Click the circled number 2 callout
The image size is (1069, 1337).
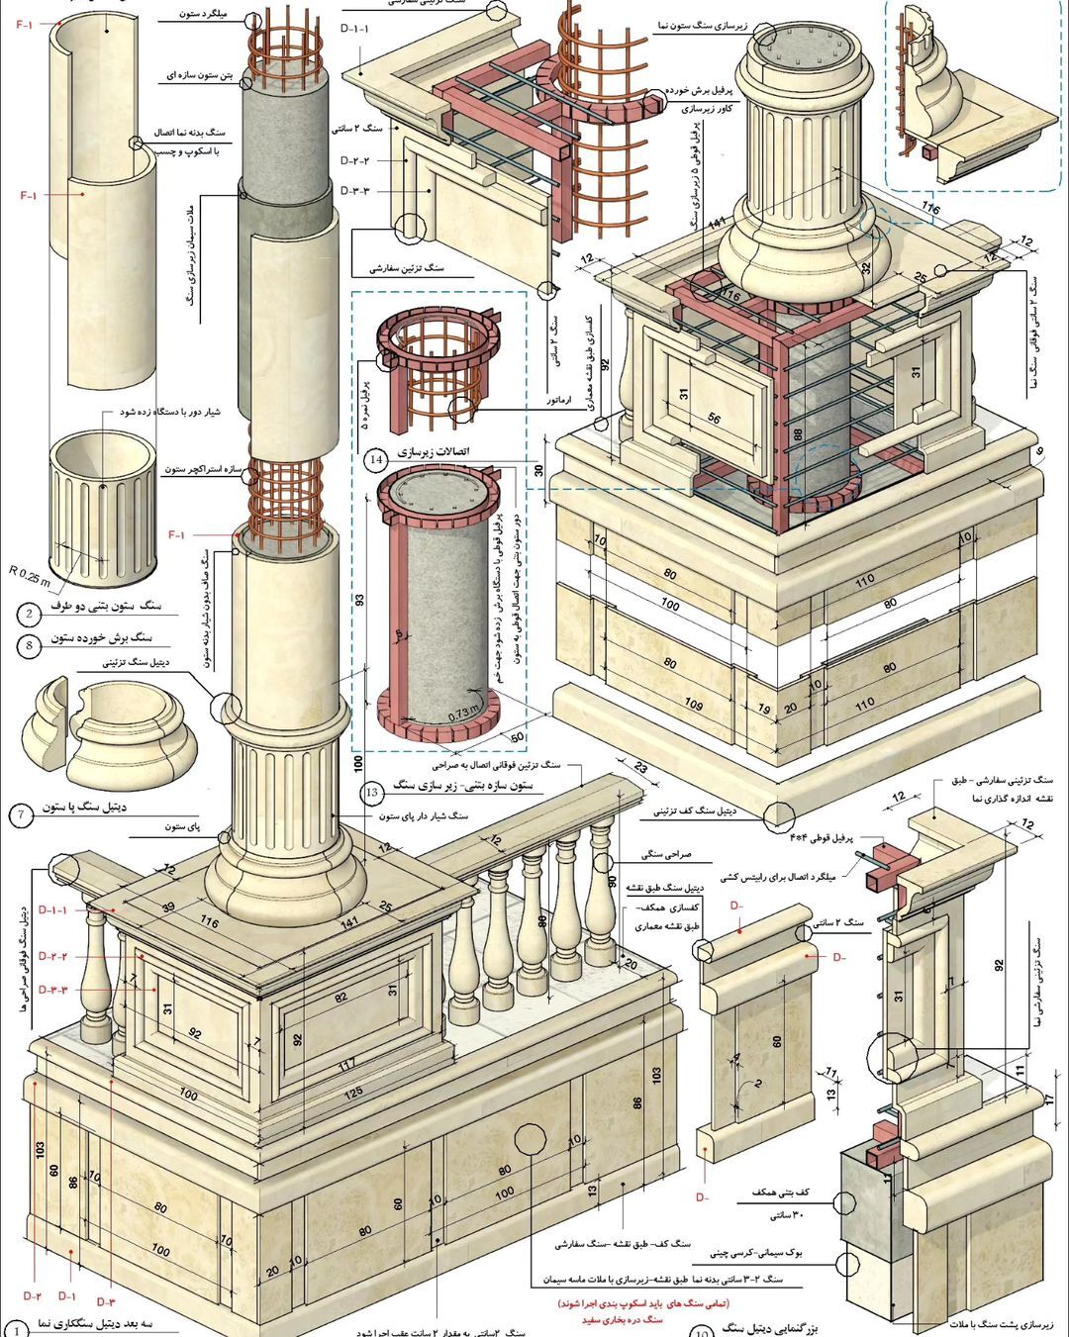pyautogui.click(x=29, y=615)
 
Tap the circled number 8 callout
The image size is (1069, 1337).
pyautogui.click(x=29, y=646)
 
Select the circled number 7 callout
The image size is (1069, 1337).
pyautogui.click(x=21, y=815)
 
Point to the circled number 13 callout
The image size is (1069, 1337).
pyautogui.click(x=372, y=792)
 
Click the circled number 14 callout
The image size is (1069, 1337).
pyautogui.click(x=375, y=459)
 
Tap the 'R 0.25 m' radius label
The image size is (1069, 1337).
pyautogui.click(x=29, y=571)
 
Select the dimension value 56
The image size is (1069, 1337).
pyautogui.click(x=714, y=419)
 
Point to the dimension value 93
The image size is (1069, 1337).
pyautogui.click(x=359, y=601)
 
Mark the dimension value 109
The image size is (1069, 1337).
pyautogui.click(x=693, y=705)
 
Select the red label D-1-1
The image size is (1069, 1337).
pyautogui.click(x=52, y=909)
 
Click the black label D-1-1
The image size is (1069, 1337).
pyautogui.click(x=354, y=29)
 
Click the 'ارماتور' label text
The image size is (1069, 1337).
pyautogui.click(x=561, y=402)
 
